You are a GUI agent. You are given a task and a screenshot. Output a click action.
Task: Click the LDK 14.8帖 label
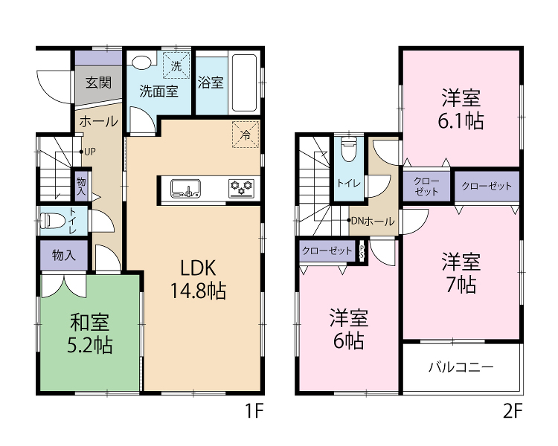coord(198,279)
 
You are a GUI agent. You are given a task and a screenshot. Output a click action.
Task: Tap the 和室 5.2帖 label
coord(90,333)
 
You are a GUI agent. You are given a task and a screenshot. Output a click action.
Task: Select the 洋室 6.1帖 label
coord(461,109)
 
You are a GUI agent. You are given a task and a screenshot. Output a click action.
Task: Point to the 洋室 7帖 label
coord(461,273)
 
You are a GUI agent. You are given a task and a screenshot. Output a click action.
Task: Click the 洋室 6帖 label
coord(349,329)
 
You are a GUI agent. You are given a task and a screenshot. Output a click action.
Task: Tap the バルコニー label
coord(461,366)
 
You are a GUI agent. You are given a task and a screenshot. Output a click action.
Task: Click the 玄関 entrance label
coord(98,83)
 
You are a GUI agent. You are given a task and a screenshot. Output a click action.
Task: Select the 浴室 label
coord(211,83)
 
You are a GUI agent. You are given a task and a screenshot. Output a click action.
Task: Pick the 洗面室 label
coord(158,91)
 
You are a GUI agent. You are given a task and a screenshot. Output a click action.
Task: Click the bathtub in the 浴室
coord(245,83)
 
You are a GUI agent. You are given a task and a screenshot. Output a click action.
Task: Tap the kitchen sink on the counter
coord(185,188)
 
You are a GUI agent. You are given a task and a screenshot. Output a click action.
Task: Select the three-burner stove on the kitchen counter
coord(241,188)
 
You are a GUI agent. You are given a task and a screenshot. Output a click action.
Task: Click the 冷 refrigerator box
coord(246,135)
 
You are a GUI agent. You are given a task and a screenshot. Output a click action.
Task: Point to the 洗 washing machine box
coord(176,65)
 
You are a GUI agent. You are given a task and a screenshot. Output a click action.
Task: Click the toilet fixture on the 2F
coord(349,149)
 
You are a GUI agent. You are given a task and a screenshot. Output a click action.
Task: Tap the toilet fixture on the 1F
coord(52,221)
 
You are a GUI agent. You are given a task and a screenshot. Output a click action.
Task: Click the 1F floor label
coord(254,412)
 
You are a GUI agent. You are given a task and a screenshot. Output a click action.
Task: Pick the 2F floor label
coord(513,412)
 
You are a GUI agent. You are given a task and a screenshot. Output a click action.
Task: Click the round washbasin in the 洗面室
coord(141,61)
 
